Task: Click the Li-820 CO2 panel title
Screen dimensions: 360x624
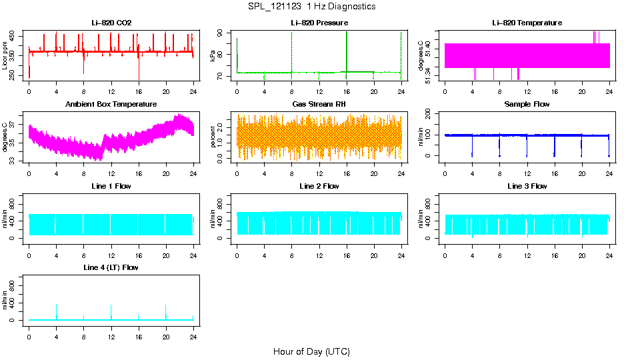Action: pos(111,23)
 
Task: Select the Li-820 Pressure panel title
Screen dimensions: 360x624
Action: pos(319,23)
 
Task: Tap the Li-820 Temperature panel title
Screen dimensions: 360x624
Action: pos(527,23)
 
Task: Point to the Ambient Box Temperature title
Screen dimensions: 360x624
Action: pos(111,104)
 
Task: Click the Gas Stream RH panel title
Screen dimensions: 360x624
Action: pos(319,104)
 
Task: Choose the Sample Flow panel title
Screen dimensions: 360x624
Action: pos(527,104)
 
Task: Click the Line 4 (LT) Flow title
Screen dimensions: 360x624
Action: pos(111,267)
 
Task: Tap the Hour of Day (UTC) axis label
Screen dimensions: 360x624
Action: pos(311,351)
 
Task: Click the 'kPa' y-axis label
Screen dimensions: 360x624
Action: pos(213,56)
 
